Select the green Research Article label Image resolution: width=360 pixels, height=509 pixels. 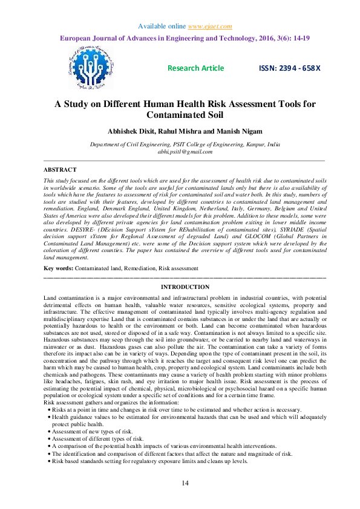point(195,68)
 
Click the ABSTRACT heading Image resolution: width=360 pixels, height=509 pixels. point(61,170)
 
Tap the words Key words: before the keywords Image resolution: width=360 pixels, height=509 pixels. point(60,267)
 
